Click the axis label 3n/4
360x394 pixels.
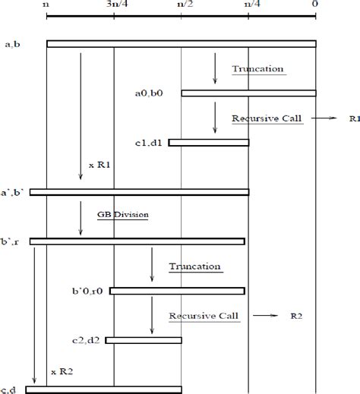115,5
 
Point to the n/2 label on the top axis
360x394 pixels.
182,5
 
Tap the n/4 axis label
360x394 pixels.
248,5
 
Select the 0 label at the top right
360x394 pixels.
315,5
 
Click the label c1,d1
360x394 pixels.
147,143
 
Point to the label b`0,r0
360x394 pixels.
87,291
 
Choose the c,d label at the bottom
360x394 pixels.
11,389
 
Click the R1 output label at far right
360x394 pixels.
353,119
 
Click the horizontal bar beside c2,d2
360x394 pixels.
144,339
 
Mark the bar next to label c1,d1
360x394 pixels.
209,143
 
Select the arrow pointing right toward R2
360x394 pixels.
264,314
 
